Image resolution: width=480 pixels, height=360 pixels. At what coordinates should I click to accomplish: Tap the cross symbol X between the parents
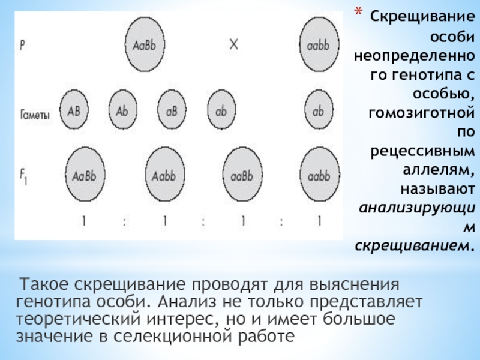pos(233,45)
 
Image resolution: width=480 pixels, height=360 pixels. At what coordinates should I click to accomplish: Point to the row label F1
pos(23,178)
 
